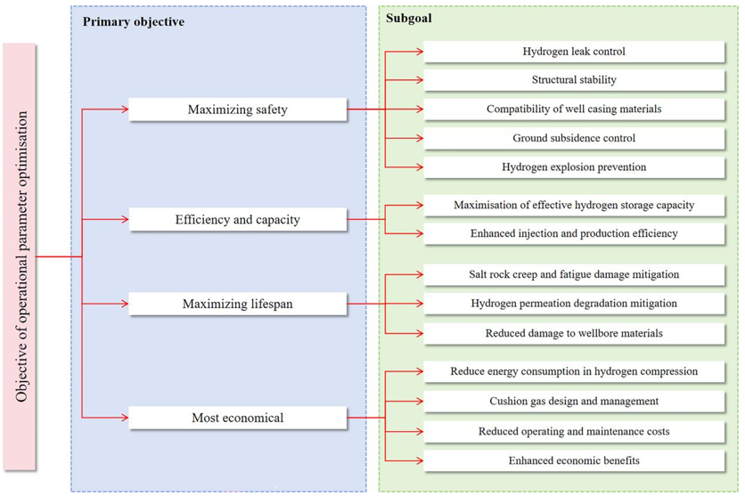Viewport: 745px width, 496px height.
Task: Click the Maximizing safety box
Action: [x=237, y=110]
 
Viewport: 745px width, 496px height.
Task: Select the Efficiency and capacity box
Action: [x=237, y=219]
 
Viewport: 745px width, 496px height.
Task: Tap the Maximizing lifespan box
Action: [x=237, y=305]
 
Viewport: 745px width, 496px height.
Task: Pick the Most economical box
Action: [x=237, y=418]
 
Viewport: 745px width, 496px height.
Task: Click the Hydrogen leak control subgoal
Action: [x=574, y=52]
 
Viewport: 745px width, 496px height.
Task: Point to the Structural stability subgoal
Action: [x=574, y=80]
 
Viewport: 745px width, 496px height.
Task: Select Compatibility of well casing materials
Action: [x=574, y=110]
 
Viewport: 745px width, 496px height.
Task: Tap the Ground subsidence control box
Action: [x=574, y=138]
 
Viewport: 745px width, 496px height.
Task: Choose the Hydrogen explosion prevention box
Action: [x=574, y=167]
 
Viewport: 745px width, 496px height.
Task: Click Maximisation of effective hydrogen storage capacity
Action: [x=574, y=205]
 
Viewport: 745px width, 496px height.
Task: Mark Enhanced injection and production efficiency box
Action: [x=574, y=233]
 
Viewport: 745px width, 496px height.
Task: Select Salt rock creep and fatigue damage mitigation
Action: [x=574, y=274]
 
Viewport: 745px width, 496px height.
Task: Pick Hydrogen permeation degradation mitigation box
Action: [x=574, y=304]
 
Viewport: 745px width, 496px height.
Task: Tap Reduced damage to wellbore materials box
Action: [x=574, y=333]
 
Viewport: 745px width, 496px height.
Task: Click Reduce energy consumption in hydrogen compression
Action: [x=574, y=371]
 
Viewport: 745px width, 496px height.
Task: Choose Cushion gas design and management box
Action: [x=574, y=402]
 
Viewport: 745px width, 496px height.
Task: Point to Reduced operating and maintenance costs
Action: [x=574, y=431]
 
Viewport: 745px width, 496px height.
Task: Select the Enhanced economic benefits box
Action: [x=574, y=460]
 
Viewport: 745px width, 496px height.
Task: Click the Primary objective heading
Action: [x=134, y=21]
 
